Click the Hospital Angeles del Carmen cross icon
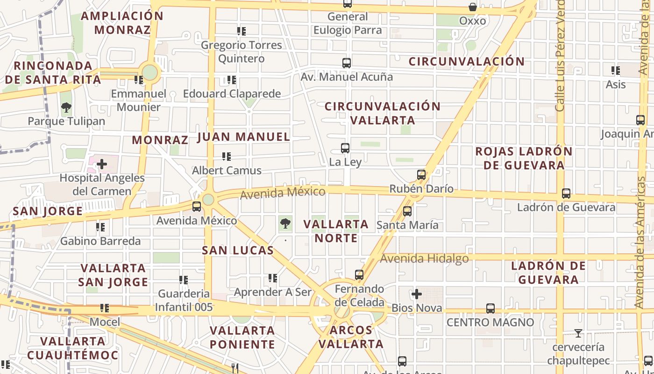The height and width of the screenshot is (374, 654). pos(102,164)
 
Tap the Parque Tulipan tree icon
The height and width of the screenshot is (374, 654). pos(66,108)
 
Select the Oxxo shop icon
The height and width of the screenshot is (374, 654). pos(473,7)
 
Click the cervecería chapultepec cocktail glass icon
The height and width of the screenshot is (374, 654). pos(578,333)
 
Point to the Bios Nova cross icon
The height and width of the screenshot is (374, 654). pos(417,294)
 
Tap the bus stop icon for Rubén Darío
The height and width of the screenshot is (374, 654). pos(421,175)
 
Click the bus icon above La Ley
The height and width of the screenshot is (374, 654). pos(345,148)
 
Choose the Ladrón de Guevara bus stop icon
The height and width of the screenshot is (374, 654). pos(566,193)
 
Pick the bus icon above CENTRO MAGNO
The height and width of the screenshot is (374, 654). pos(490,309)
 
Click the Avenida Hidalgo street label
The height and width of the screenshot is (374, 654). pos(424,259)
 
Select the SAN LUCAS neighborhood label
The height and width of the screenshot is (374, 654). pos(238,251)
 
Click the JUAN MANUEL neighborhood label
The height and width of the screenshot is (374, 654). pos(244,137)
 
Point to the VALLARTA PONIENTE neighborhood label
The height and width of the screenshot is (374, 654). pos(242,338)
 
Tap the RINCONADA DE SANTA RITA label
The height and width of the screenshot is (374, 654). pos(53,72)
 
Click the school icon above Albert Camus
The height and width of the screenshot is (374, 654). pos(227,157)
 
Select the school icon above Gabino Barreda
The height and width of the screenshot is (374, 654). pos(100,228)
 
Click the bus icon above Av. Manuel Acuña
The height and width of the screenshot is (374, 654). pos(347,63)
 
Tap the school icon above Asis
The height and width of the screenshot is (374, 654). pos(616,71)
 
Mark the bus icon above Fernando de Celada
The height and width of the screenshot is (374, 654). pos(359,275)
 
